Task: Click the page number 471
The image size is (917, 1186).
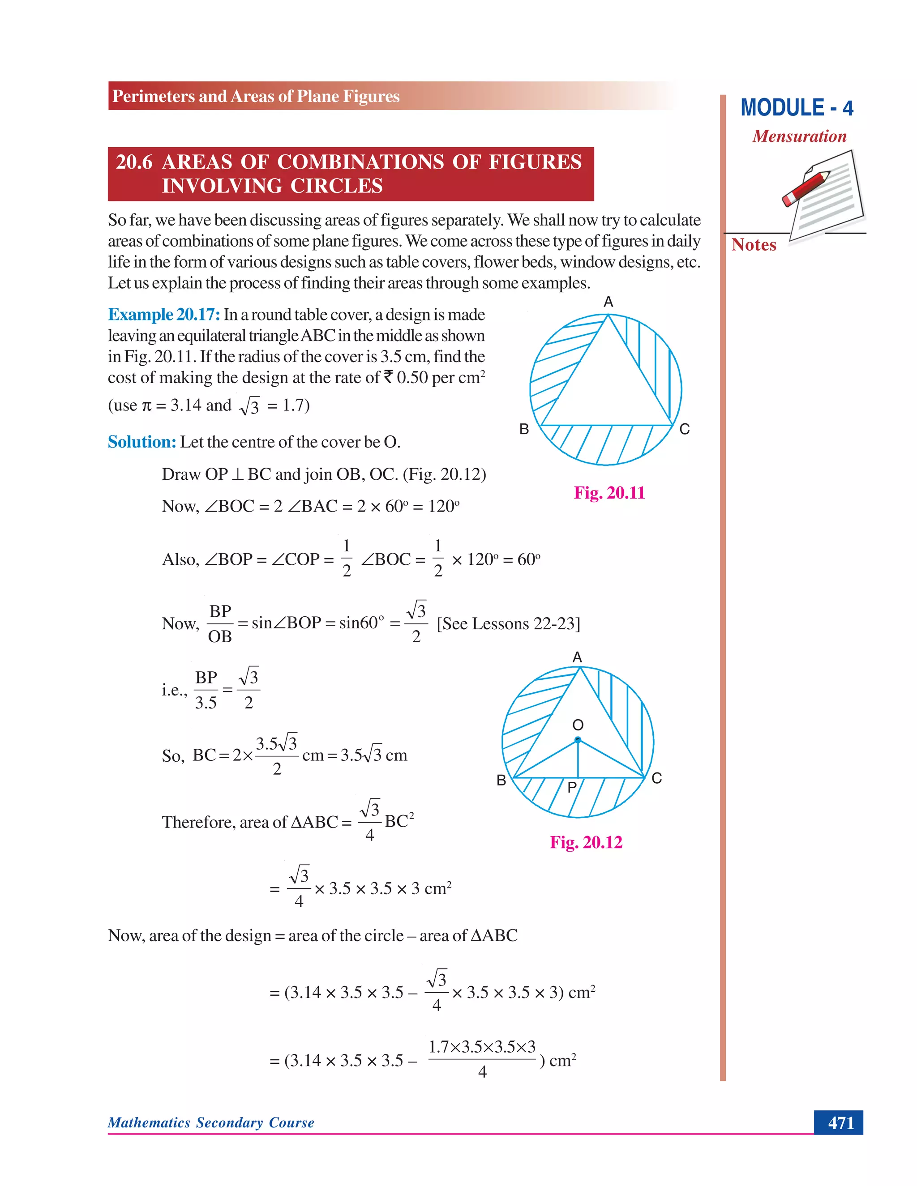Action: click(840, 1122)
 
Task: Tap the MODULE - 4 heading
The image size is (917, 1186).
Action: click(797, 108)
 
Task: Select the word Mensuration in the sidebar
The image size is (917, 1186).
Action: click(799, 137)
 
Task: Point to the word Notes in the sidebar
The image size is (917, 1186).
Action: click(754, 245)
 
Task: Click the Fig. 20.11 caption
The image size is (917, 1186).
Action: click(609, 493)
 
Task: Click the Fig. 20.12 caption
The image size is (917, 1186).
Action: click(586, 842)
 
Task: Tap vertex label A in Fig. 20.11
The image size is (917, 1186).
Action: click(608, 302)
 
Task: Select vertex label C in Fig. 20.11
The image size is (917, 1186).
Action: click(685, 430)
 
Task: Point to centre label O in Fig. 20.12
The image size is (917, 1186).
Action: click(578, 725)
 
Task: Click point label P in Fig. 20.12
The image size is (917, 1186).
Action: click(571, 787)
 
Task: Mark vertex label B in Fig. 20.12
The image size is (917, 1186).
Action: click(501, 781)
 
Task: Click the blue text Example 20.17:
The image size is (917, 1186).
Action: click(163, 315)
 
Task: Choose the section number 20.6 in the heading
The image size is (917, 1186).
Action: click(133, 162)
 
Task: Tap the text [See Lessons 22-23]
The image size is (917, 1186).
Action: click(509, 623)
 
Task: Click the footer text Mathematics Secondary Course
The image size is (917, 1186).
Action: click(211, 1122)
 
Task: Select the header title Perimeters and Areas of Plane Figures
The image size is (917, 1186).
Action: click(255, 96)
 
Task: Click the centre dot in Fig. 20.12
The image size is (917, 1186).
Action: click(578, 740)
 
